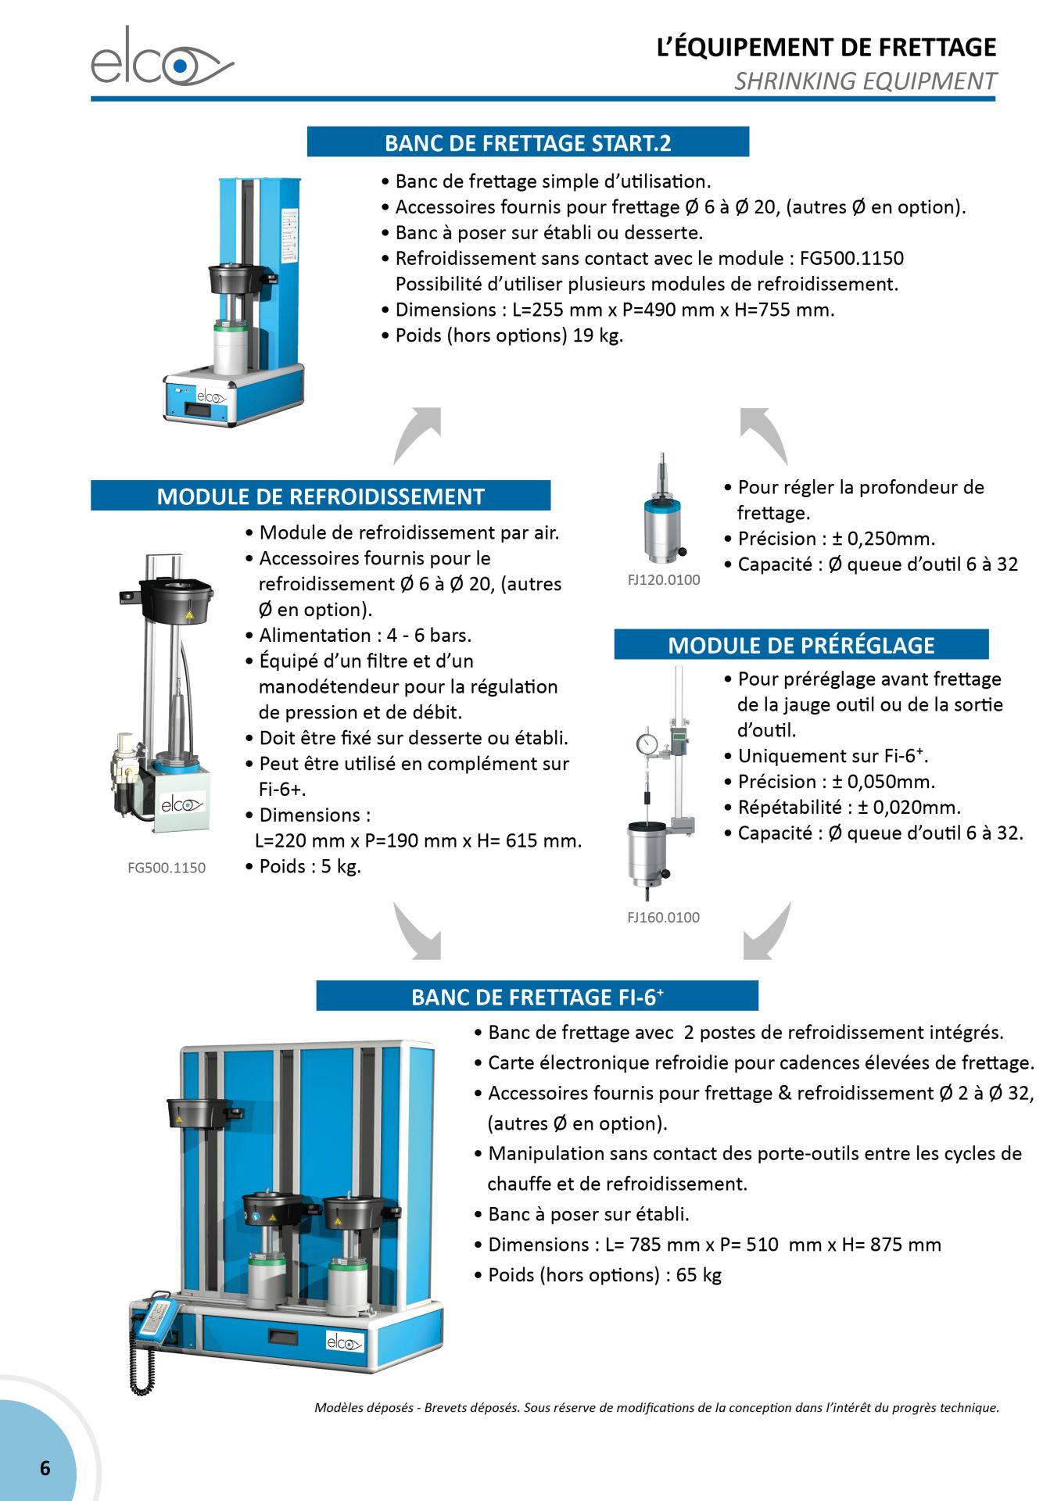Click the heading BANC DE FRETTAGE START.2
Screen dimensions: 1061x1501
coord(528,142)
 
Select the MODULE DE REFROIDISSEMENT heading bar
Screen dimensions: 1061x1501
coord(321,496)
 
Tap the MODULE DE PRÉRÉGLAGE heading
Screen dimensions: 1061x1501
coord(801,644)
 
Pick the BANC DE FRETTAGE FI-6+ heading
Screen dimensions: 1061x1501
coord(537,996)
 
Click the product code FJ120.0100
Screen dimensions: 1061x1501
coord(664,580)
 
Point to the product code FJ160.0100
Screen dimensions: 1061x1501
coord(663,917)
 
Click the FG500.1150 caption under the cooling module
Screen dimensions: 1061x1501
coord(167,868)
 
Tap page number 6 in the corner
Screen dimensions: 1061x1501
coord(45,1468)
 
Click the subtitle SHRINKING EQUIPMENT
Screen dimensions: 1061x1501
coord(865,81)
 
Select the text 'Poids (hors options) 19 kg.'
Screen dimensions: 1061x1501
coord(509,335)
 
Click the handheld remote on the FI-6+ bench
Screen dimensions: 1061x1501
coord(154,1317)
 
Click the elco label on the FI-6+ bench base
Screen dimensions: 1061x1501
coord(344,1342)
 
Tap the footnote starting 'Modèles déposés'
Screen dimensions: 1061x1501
coord(657,1407)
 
